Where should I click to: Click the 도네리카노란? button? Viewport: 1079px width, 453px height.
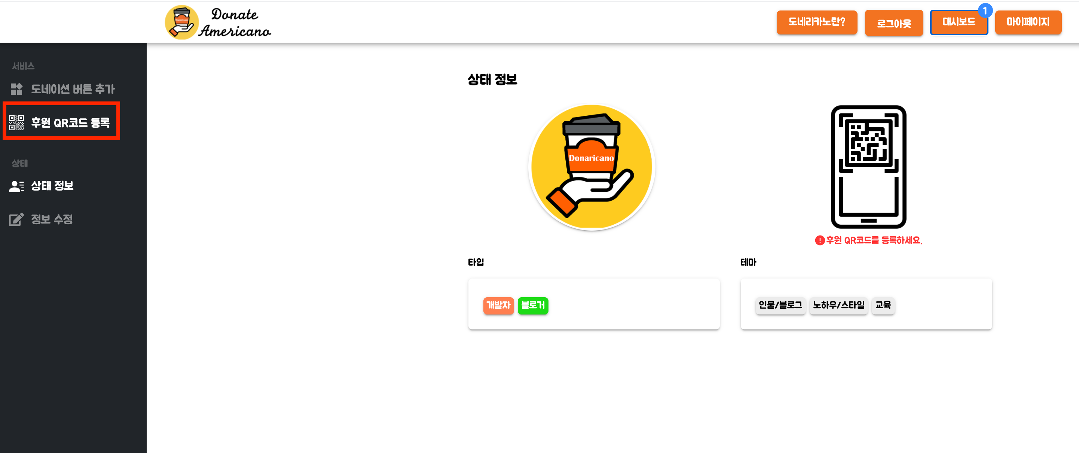(x=816, y=22)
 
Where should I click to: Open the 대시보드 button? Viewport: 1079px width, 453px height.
(x=959, y=22)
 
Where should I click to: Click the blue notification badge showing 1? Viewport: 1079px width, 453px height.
(x=985, y=10)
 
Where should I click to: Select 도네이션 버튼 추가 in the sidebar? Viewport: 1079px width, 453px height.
(x=73, y=89)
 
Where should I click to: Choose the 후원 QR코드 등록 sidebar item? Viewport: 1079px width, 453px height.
(x=70, y=122)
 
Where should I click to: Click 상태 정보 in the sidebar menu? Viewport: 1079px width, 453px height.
(x=52, y=186)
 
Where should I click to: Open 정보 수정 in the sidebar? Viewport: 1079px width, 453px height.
(x=52, y=219)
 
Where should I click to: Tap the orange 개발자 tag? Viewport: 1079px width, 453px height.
(x=498, y=305)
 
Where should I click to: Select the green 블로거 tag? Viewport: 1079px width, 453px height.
(x=533, y=305)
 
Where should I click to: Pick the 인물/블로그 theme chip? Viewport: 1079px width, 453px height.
(x=780, y=305)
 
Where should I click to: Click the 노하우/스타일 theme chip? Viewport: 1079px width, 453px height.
(x=838, y=305)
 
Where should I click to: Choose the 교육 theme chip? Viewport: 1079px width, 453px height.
(x=883, y=305)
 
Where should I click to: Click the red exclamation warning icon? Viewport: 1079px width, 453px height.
(x=820, y=240)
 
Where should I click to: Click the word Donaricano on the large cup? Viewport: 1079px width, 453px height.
(x=591, y=158)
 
